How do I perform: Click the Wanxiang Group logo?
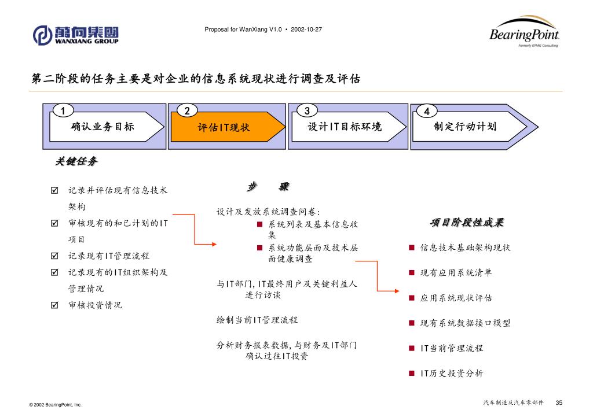click(76, 35)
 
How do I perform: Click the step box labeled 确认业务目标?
click(103, 127)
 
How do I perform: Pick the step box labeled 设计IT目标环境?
click(345, 127)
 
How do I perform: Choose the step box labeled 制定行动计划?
click(464, 127)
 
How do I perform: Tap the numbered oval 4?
click(426, 110)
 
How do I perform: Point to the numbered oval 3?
click(307, 110)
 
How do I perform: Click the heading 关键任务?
click(76, 161)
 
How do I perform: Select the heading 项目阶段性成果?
click(467, 223)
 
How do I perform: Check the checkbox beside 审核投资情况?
click(54, 305)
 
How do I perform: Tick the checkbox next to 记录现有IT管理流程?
click(54, 256)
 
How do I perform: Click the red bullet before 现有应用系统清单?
click(411, 273)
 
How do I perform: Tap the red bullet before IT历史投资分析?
click(411, 373)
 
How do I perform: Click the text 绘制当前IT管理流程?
click(257, 320)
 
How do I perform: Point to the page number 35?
click(559, 402)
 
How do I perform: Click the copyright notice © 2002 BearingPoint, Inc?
click(56, 405)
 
